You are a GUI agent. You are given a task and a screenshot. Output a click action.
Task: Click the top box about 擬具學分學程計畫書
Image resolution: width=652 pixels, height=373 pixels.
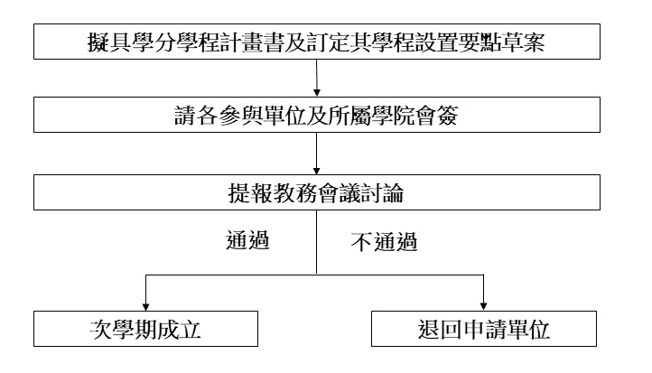pyautogui.click(x=317, y=42)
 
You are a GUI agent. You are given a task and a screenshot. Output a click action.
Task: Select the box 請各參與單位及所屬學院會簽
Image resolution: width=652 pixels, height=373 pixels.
pyautogui.click(x=317, y=115)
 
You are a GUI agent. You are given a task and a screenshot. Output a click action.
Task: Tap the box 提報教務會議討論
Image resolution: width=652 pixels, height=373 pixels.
pyautogui.click(x=317, y=192)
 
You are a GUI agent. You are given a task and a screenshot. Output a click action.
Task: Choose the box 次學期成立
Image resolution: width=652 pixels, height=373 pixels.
pyautogui.click(x=145, y=329)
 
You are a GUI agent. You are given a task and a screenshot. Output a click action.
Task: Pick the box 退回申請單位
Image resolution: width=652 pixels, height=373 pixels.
pyautogui.click(x=484, y=329)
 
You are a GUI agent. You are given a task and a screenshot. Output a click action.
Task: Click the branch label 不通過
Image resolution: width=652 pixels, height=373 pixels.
pyautogui.click(x=384, y=242)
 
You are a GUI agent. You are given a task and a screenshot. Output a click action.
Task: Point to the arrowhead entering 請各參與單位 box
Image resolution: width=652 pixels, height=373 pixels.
pyautogui.click(x=316, y=93)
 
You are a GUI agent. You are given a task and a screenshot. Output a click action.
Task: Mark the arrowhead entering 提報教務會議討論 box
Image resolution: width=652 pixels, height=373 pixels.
pyautogui.click(x=316, y=171)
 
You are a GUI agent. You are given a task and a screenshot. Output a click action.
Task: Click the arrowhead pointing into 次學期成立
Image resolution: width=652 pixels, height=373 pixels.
pyautogui.click(x=145, y=307)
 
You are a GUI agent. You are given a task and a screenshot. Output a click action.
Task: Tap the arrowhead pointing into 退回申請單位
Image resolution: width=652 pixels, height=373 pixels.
pyautogui.click(x=483, y=307)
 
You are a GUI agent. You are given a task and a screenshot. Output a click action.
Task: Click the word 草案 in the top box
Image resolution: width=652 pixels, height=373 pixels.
pyautogui.click(x=523, y=42)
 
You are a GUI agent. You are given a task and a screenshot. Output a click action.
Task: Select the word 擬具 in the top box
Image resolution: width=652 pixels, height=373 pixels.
pyautogui.click(x=109, y=42)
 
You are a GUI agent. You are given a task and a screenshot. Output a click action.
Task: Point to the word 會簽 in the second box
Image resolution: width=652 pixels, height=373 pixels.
pyautogui.click(x=436, y=116)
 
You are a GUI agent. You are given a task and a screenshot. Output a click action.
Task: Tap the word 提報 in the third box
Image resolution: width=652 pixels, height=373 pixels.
pyautogui.click(x=250, y=193)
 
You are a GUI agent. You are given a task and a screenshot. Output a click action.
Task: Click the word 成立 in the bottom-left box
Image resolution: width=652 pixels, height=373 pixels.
pyautogui.click(x=180, y=330)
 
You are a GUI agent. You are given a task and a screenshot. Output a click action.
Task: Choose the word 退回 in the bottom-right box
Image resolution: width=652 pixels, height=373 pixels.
pyautogui.click(x=440, y=330)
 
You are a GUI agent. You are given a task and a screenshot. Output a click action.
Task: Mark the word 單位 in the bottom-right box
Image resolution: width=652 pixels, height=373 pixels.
pyautogui.click(x=528, y=330)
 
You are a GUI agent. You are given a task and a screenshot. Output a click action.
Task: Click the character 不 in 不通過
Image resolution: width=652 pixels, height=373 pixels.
pyautogui.click(x=361, y=242)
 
